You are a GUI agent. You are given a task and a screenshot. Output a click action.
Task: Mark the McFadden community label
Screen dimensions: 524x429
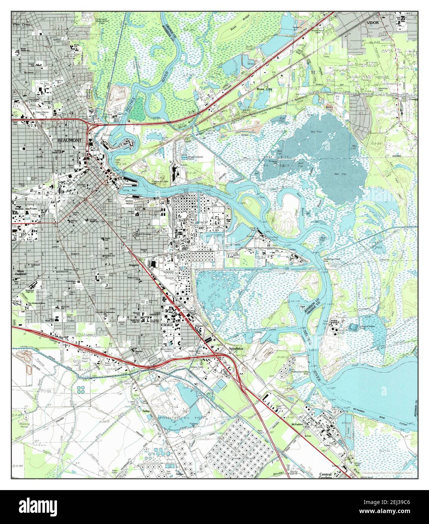(297, 424)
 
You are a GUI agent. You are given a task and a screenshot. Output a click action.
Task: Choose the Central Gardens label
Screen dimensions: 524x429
(325, 476)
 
